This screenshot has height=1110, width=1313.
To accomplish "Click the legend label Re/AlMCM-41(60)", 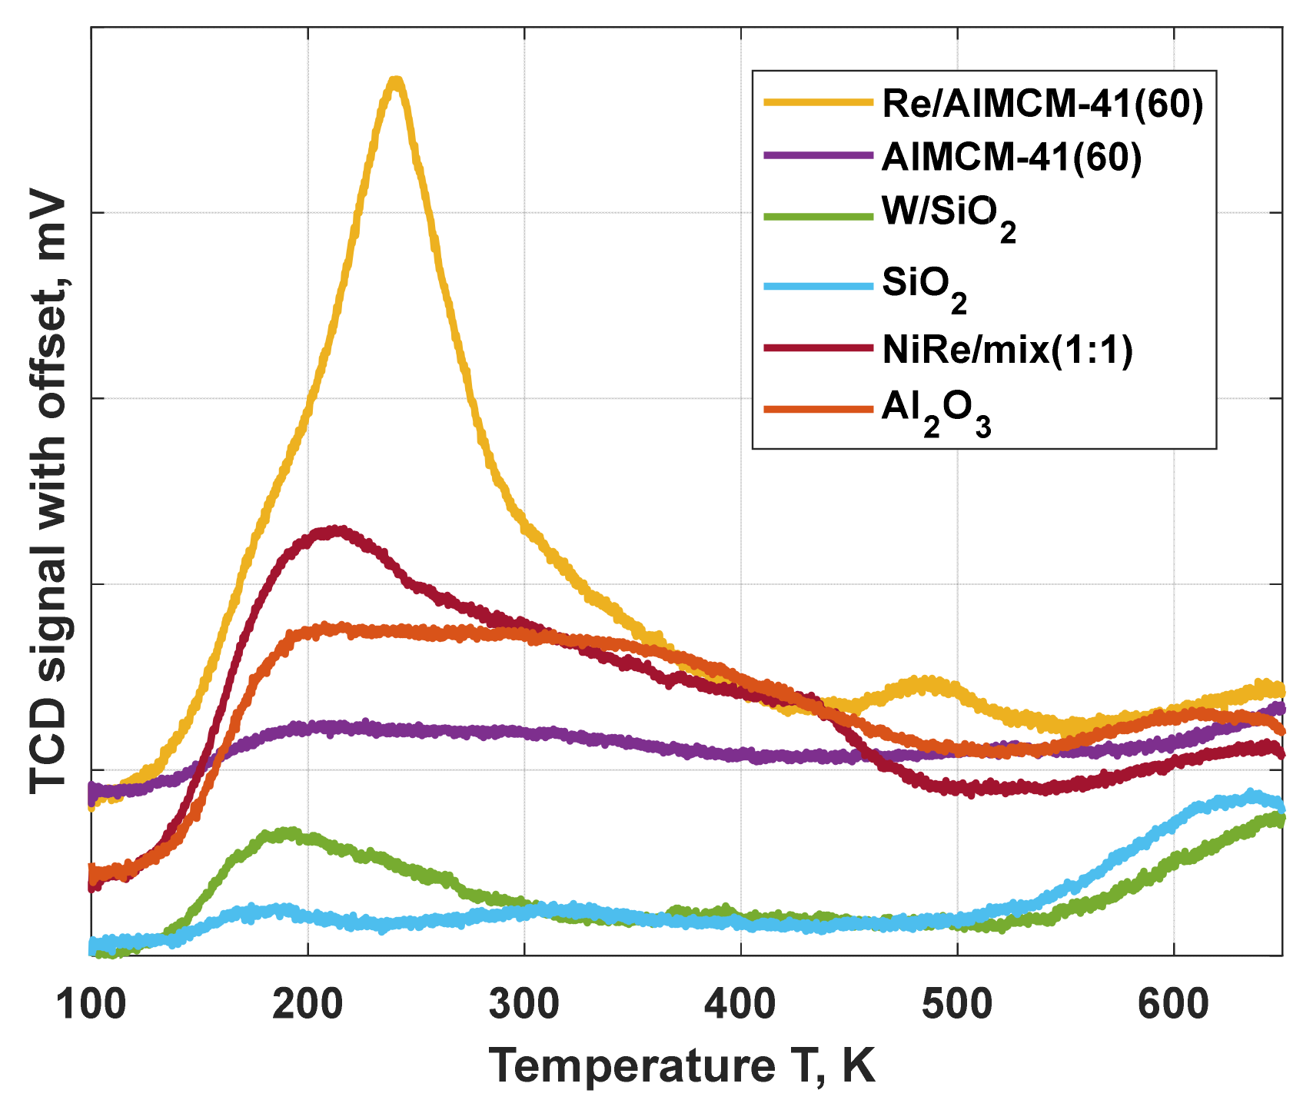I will point(1042,103).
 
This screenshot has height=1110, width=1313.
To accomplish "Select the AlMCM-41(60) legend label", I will point(1012,157).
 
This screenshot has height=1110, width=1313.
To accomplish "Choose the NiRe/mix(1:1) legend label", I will point(1008,350).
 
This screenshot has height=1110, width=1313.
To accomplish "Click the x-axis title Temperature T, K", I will point(682,1065).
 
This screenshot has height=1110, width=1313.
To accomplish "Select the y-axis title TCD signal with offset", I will point(48,492).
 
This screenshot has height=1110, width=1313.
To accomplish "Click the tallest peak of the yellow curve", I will point(396,81).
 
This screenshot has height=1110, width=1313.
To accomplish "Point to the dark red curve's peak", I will point(335,531).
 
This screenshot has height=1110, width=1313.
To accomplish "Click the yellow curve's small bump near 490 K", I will point(922,683).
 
